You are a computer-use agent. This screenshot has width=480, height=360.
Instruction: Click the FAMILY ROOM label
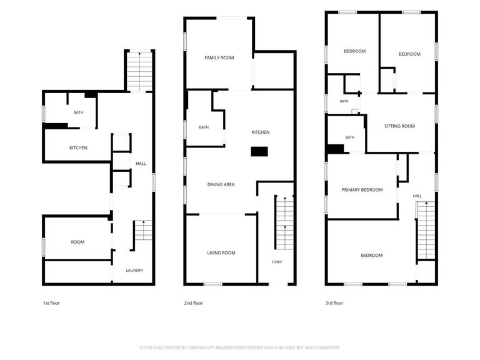click(219, 57)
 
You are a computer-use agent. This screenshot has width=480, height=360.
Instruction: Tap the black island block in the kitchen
click(259, 151)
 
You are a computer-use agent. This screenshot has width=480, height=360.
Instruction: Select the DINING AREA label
click(221, 184)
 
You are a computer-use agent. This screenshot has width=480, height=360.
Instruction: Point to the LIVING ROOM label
click(221, 253)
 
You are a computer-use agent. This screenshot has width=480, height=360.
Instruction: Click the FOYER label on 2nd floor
click(277, 262)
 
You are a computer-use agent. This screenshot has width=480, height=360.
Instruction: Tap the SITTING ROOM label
click(400, 126)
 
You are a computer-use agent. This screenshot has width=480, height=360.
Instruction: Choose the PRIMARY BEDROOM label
click(362, 190)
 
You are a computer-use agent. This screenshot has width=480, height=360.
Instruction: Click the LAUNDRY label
click(135, 271)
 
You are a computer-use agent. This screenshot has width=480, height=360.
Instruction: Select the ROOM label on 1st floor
click(77, 242)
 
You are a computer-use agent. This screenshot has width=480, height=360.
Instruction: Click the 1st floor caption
click(51, 303)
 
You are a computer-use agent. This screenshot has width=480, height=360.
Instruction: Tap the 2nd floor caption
click(194, 303)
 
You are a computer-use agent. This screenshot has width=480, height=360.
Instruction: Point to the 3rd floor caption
click(334, 303)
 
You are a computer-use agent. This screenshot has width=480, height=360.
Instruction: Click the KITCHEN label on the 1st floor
click(78, 148)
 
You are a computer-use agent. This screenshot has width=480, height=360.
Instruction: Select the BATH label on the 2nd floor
click(204, 127)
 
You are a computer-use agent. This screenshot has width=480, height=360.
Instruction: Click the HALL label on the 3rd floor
click(417, 196)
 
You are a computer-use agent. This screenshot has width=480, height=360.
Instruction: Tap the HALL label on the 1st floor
click(141, 164)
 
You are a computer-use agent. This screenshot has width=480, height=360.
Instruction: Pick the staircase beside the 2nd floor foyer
click(285, 222)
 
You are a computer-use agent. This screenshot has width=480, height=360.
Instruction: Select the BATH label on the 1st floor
click(79, 112)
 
